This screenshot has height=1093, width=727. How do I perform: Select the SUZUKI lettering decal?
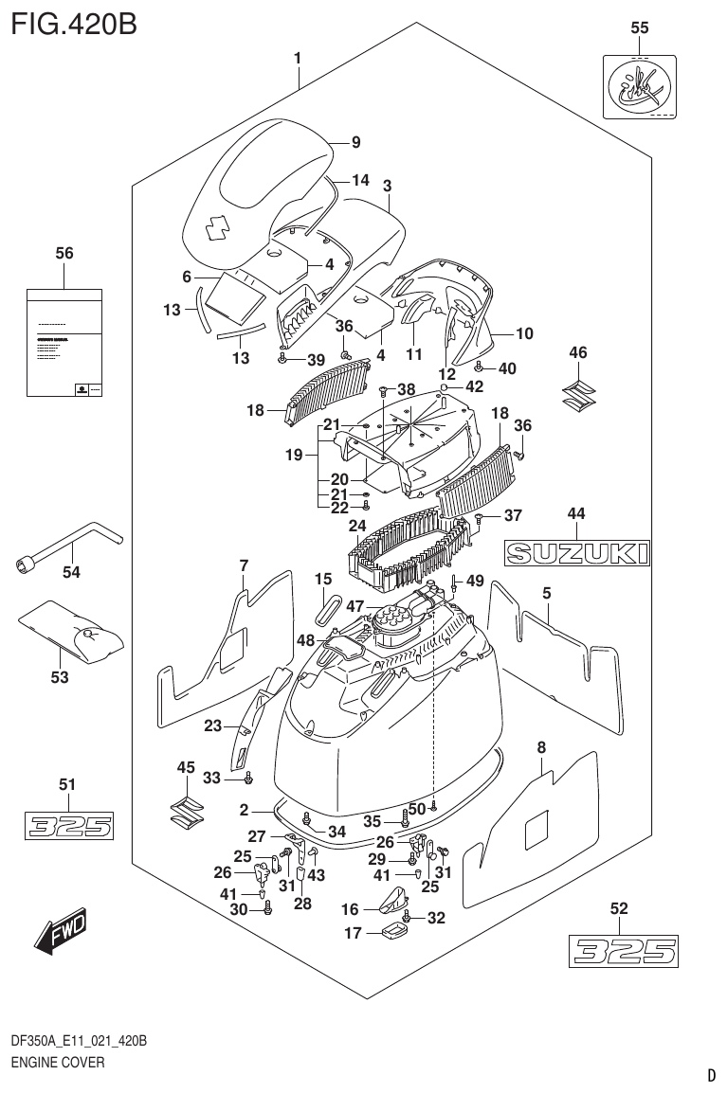click(x=577, y=552)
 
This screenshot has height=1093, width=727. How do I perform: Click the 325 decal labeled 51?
click(x=68, y=826)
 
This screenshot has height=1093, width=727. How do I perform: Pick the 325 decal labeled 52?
click(x=623, y=950)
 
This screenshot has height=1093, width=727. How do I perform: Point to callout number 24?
click(x=357, y=526)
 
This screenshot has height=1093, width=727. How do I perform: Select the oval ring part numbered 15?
click(x=326, y=610)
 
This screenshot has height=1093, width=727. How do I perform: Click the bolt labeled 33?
click(x=248, y=778)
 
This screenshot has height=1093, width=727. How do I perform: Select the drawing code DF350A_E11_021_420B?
click(x=78, y=1042)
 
